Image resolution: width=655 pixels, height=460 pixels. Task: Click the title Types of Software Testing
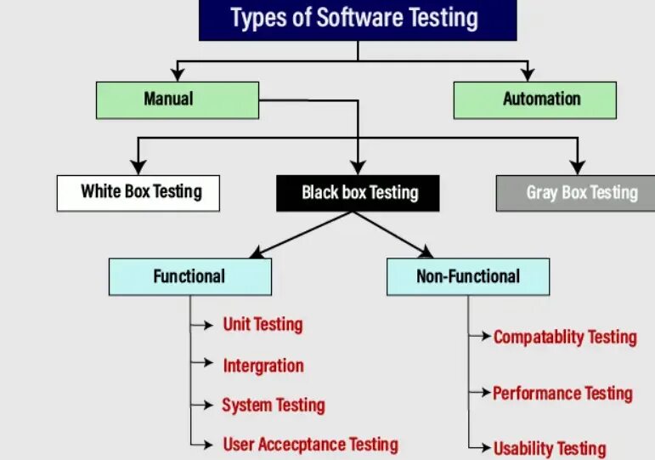[358, 19]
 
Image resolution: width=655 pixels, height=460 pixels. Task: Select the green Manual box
[178, 99]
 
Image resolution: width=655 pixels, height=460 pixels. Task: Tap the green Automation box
[534, 99]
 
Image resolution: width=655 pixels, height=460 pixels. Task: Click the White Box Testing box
[138, 192]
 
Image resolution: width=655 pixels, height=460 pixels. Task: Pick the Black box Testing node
[358, 193]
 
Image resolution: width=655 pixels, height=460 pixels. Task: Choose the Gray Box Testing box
[575, 193]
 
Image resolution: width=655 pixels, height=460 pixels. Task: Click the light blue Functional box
[190, 276]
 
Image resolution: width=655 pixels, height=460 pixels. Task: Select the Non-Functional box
[468, 276]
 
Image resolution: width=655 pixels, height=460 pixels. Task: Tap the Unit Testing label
[263, 324]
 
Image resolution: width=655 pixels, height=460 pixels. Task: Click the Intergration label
[263, 366]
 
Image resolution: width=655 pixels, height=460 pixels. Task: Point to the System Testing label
[274, 406]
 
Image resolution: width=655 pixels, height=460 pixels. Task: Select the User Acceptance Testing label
[310, 444]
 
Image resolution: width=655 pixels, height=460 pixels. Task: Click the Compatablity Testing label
[565, 337]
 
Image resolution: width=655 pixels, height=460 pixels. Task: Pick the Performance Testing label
[562, 393]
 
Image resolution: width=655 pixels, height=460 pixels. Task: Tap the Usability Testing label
[550, 448]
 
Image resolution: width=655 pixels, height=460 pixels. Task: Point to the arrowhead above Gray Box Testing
[578, 166]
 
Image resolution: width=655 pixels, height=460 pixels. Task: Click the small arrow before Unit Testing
[205, 324]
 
